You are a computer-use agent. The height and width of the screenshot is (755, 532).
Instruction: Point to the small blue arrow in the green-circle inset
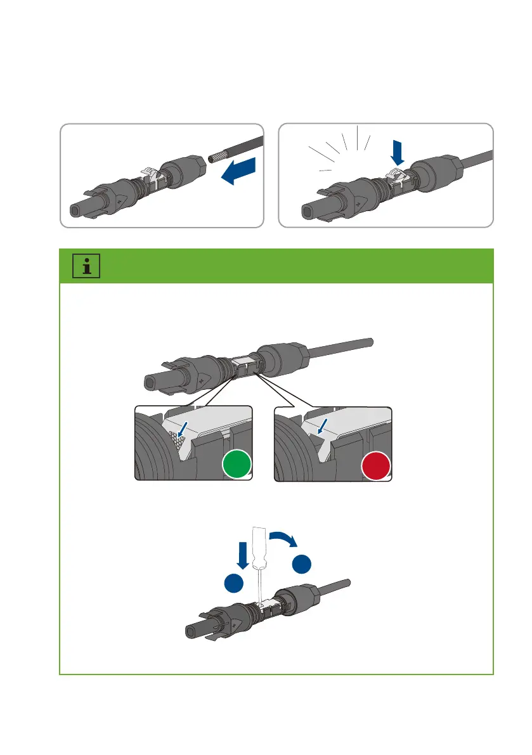pyautogui.click(x=183, y=432)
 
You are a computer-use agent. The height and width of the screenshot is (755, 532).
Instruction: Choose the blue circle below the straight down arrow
pyautogui.click(x=236, y=585)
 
